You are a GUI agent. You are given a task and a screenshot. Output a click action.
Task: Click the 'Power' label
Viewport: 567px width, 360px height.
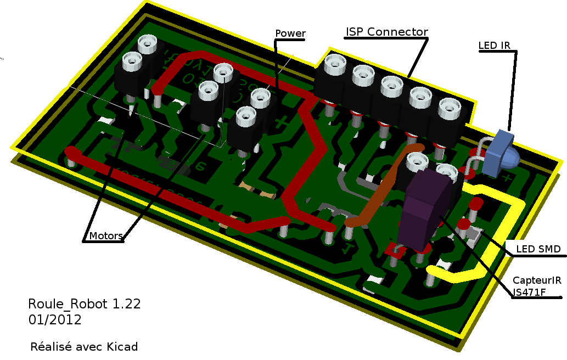pos(290,33)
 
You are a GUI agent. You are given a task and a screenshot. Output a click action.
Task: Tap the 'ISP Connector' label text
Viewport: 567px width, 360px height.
pos(386,32)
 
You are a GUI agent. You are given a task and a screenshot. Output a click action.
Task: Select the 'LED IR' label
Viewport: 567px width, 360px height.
pos(495,46)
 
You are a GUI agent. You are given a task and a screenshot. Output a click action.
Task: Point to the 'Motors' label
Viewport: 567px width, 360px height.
pos(106,236)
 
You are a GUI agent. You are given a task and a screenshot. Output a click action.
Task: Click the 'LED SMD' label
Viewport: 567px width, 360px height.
pos(538,249)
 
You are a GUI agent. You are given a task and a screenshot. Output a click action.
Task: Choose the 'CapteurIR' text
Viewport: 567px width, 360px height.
pos(537,280)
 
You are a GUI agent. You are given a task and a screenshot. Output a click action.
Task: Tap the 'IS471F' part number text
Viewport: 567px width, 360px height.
pos(529,292)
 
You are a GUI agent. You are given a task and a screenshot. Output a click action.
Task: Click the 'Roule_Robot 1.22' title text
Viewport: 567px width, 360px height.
pos(85,304)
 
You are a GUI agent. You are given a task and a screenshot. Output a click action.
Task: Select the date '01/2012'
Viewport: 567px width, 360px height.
pos(55,320)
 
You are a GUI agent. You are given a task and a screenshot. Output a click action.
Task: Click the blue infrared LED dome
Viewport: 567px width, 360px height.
pos(509,159)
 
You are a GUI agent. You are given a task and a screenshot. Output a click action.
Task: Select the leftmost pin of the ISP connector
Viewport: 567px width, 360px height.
pos(334,66)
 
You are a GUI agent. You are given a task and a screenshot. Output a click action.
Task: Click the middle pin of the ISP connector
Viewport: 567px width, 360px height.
pos(391,86)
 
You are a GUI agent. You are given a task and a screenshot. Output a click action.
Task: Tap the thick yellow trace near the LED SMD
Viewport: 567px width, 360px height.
pos(510,230)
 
